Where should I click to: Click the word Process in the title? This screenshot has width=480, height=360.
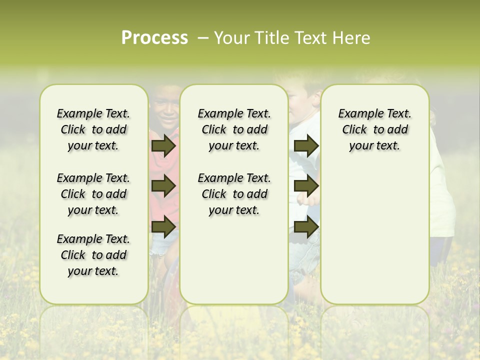[154, 37]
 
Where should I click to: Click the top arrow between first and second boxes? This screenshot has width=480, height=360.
[163, 146]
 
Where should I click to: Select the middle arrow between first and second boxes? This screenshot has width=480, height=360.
[163, 186]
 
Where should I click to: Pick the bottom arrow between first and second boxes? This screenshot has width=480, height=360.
[163, 227]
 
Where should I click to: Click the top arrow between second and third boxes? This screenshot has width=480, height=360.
[306, 146]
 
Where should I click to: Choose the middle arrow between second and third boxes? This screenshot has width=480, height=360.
[306, 186]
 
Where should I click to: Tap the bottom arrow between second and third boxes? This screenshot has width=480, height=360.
[306, 227]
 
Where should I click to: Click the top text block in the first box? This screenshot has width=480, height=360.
[93, 129]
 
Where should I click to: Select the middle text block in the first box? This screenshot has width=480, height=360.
[93, 194]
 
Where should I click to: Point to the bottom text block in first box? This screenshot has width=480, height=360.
[93, 255]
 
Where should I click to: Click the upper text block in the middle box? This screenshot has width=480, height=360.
[234, 129]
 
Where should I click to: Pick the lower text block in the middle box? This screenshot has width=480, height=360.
[234, 194]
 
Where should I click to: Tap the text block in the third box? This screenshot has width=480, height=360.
[374, 129]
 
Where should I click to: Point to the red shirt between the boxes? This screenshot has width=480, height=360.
[164, 165]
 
